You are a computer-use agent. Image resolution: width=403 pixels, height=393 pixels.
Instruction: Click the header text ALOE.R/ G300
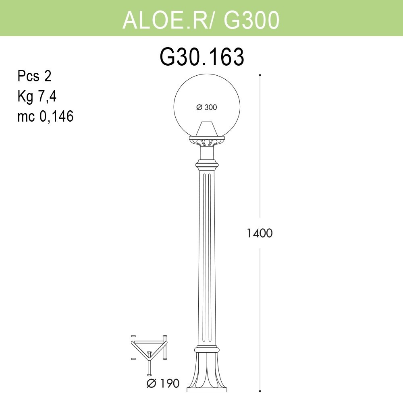(x=201, y=20)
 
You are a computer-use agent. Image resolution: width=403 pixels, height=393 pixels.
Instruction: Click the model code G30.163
(x=202, y=57)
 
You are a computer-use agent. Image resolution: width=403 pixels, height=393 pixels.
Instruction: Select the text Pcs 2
(x=34, y=76)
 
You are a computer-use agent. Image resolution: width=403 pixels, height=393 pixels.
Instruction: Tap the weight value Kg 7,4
(x=37, y=97)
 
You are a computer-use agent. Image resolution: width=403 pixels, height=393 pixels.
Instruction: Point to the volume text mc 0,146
(x=46, y=116)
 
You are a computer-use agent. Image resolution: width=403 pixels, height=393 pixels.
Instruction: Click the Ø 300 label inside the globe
(x=207, y=107)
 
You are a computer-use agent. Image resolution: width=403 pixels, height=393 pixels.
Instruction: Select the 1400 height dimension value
(x=260, y=233)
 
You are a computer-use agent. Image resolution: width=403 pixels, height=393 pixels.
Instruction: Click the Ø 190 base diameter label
(x=163, y=383)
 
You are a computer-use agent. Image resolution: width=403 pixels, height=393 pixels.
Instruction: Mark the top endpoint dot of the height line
(x=260, y=75)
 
